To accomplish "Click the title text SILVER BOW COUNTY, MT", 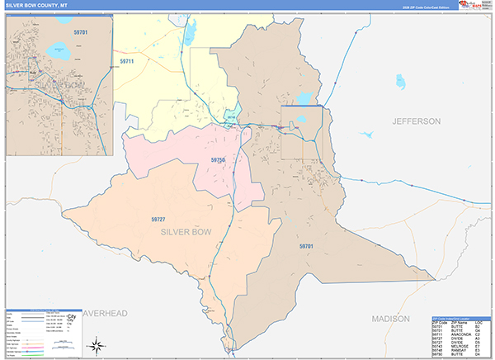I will tap(43, 5).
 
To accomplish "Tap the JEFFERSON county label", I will tap(417, 121).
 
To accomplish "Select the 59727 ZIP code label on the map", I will tap(158, 219).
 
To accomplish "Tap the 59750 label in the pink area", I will tap(218, 159).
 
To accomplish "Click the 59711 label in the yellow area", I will tap(126, 61).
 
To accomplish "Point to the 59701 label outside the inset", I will tap(306, 246).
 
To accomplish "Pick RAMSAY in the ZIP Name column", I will tap(457, 349).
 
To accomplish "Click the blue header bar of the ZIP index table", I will tap(460, 317).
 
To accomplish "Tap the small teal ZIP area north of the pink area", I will tap(232, 119).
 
